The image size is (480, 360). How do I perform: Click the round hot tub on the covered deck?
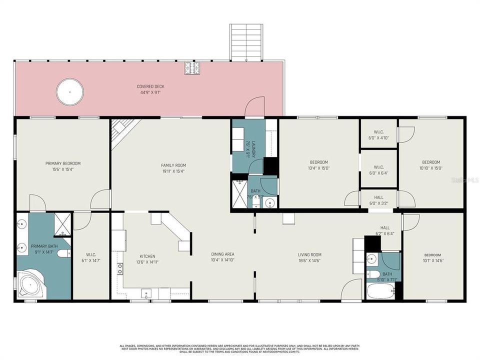coord(69,92)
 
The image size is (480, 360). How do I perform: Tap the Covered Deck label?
coord(150,86)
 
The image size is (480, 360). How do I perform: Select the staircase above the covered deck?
coord(246,42)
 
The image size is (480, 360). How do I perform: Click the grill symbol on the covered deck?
coord(191,68)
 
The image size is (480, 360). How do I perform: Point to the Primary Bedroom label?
coord(63,163)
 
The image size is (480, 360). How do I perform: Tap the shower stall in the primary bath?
coord(62,224)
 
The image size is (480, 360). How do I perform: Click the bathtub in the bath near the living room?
coord(380,291)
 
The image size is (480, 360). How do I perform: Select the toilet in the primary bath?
coord(64,253)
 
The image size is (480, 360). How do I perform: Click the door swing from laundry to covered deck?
coord(255,106)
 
